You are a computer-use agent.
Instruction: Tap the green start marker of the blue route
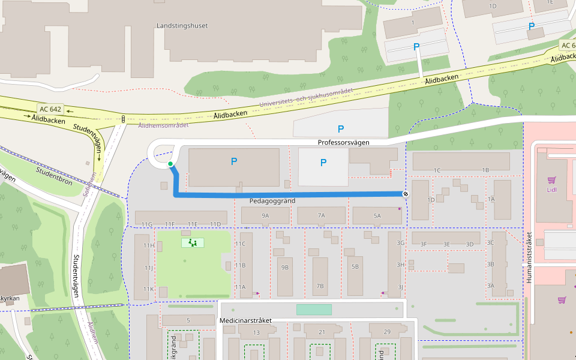[x=170, y=164]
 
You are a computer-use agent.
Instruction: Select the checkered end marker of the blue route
[x=406, y=194]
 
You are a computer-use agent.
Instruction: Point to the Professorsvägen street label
[x=343, y=143]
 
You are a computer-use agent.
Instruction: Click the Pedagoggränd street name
[x=274, y=201]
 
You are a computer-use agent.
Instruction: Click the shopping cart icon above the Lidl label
[x=551, y=179]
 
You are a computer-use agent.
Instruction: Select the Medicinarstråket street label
[x=246, y=321]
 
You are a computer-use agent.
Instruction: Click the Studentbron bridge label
[x=54, y=175]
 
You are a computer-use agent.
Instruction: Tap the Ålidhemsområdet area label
[x=163, y=125]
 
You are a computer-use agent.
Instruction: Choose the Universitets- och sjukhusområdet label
[x=306, y=99]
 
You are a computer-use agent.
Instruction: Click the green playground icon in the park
[x=193, y=243]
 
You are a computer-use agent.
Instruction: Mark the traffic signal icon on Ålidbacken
[x=122, y=119]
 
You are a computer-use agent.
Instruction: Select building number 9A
[x=265, y=215]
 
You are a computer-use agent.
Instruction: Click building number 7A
[x=321, y=215]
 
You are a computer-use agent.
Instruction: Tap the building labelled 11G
[x=147, y=224]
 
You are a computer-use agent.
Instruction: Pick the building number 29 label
[x=386, y=332]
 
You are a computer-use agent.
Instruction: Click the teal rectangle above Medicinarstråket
[x=314, y=310]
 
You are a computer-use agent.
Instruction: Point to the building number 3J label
[x=400, y=287]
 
